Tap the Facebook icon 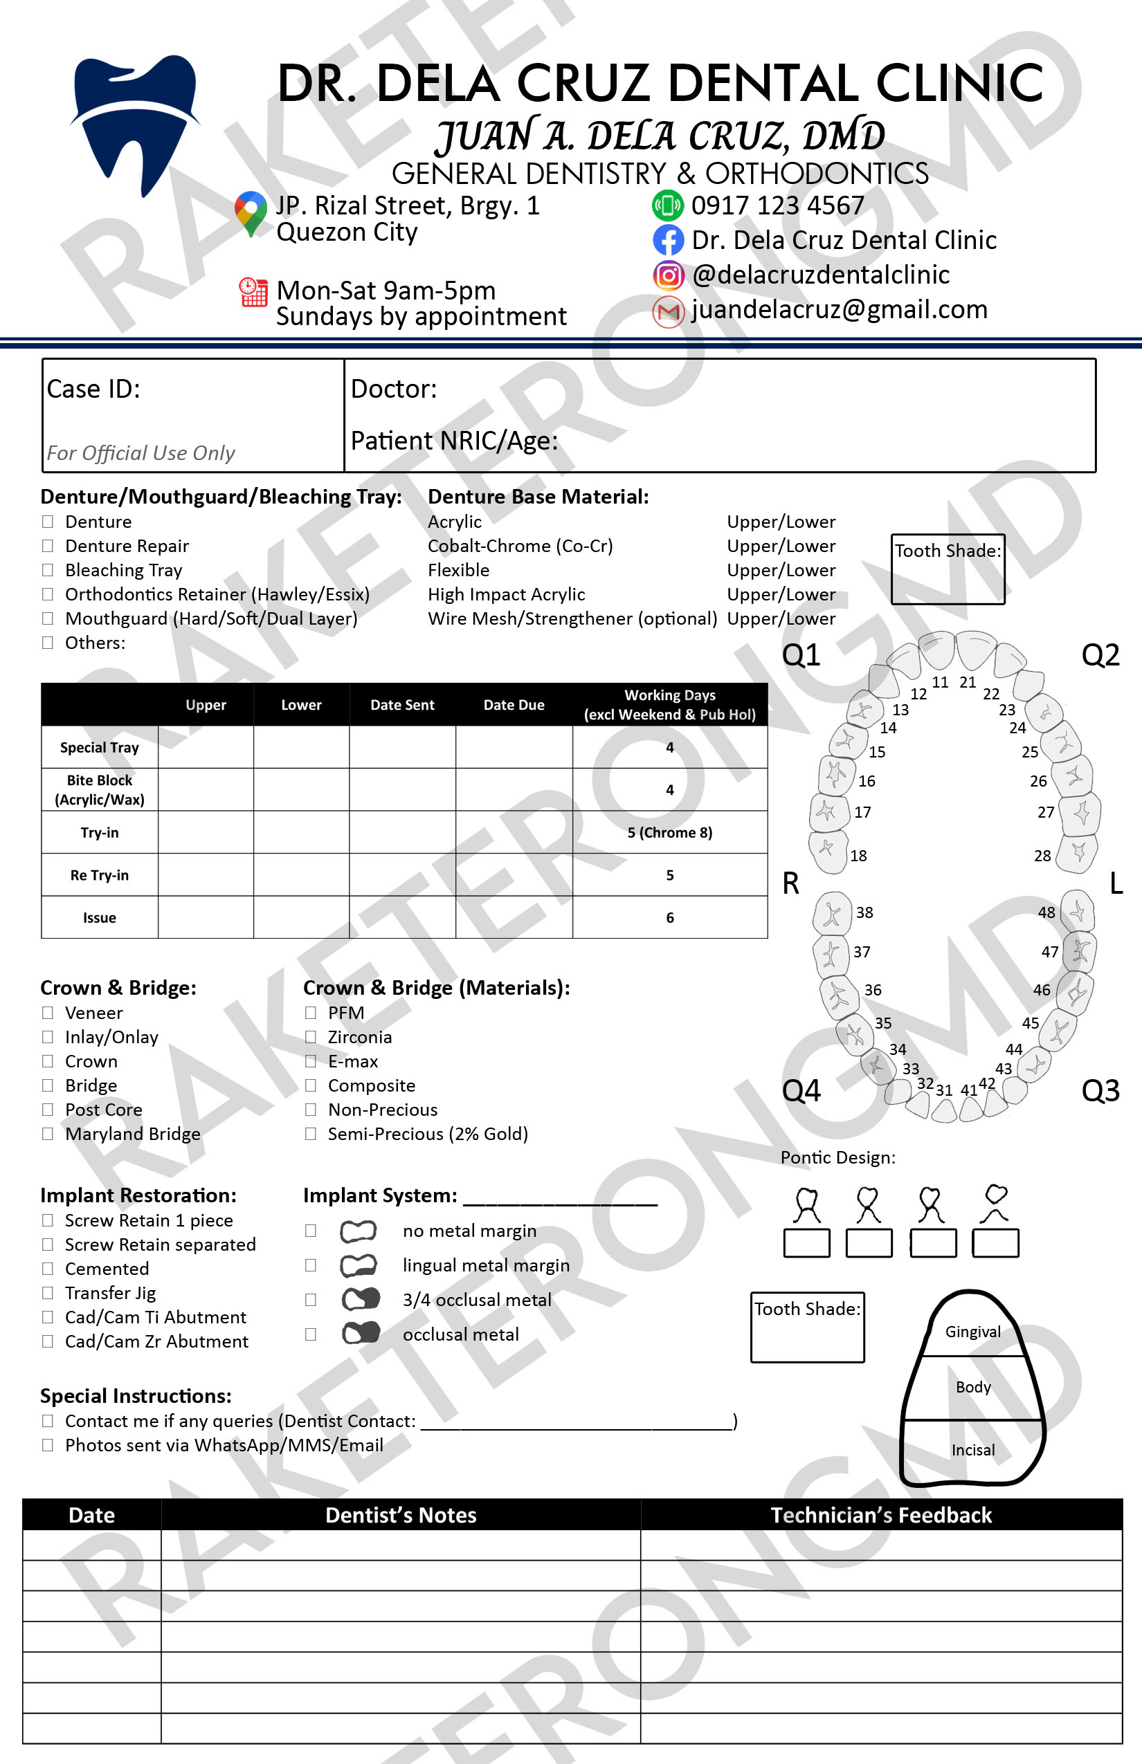(x=667, y=240)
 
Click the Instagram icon (x=667, y=275)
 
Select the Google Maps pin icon (x=251, y=212)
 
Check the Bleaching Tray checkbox (x=48, y=570)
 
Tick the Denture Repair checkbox (x=48, y=546)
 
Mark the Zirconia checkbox (x=311, y=1037)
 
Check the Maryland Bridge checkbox (x=48, y=1133)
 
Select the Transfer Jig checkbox (x=48, y=1293)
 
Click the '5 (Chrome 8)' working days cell (x=670, y=832)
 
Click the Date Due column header (x=513, y=705)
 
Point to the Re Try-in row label (x=100, y=875)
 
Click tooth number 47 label (x=1049, y=952)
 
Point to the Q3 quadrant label (x=1100, y=1090)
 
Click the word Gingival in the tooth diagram (x=972, y=1332)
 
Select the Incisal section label (x=972, y=1450)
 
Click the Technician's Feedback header (x=880, y=1515)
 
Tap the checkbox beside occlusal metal (x=311, y=1334)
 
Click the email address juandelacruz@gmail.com (x=839, y=309)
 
